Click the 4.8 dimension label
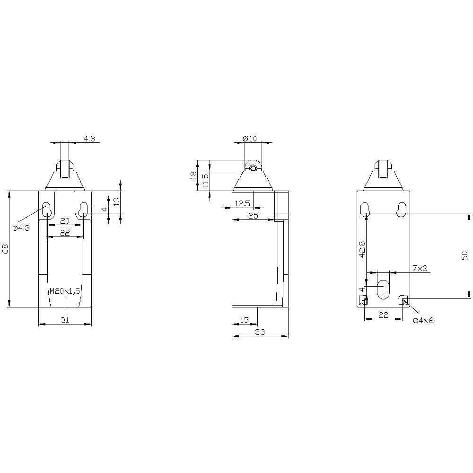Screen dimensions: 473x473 [x=90, y=139]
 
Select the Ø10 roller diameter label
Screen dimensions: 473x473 [x=249, y=139]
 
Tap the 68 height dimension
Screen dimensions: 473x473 [x=6, y=249]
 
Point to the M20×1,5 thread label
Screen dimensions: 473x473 [x=65, y=291]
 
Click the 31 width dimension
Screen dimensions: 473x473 [x=65, y=320]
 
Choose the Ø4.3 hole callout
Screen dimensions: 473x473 [x=21, y=228]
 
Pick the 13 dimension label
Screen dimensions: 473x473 [x=116, y=201]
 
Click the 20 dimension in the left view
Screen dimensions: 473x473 [x=65, y=221]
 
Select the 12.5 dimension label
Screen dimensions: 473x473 [x=242, y=203]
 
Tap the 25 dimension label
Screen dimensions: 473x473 [x=253, y=216]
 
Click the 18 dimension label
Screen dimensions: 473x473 [x=193, y=175]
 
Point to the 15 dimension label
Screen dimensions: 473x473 [x=244, y=320]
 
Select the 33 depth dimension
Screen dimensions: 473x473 [x=260, y=333]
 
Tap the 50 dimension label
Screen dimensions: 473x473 [x=464, y=255]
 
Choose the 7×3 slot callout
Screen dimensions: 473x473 [x=420, y=268]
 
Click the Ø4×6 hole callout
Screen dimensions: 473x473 [x=423, y=320]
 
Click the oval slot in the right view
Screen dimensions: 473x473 [x=383, y=289]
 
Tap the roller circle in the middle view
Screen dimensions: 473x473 [x=253, y=167]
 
